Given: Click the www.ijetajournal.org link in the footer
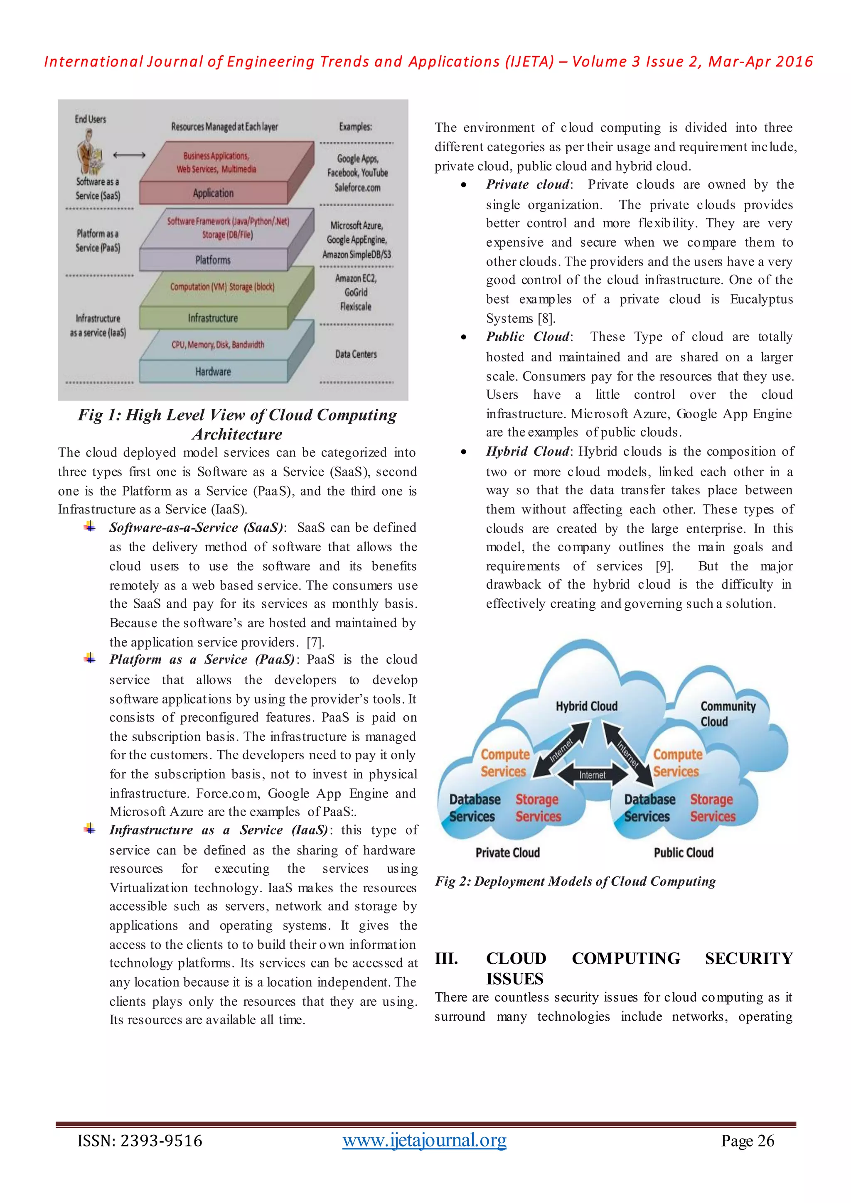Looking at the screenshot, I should click(424, 1140).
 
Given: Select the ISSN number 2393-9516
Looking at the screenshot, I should click(161, 1141).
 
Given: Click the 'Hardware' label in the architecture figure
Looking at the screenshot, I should click(213, 371).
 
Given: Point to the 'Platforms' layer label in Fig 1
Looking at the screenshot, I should click(213, 260).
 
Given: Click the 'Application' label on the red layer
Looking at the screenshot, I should click(213, 193).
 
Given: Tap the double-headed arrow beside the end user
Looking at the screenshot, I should click(129, 155).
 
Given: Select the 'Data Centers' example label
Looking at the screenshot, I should click(356, 354).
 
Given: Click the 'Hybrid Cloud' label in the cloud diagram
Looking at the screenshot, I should click(586, 706).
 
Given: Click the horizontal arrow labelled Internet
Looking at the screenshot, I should click(592, 774).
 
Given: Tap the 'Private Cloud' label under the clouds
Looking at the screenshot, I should click(507, 852).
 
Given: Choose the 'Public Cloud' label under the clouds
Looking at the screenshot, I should click(683, 852).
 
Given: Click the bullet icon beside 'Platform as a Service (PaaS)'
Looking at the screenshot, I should click(90, 658).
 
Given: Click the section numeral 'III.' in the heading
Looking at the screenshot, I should click(446, 958).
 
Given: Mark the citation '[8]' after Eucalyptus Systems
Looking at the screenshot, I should click(546, 319).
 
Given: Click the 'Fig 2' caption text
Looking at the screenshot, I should click(575, 881).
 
